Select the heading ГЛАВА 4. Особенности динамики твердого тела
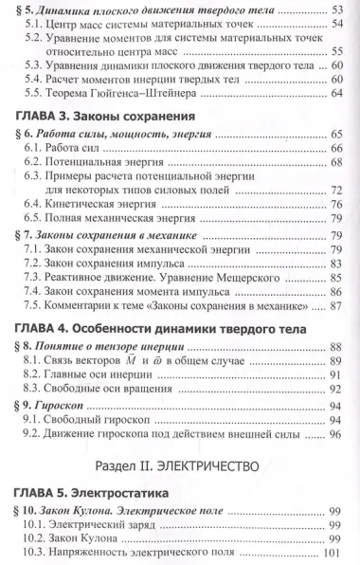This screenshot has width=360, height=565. (x=162, y=327)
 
